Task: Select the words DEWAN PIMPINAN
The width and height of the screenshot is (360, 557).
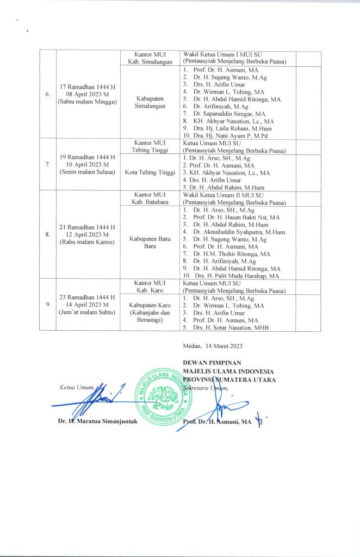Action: click(x=212, y=362)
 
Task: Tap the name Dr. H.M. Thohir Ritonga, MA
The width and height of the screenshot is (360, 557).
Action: click(x=232, y=254)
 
